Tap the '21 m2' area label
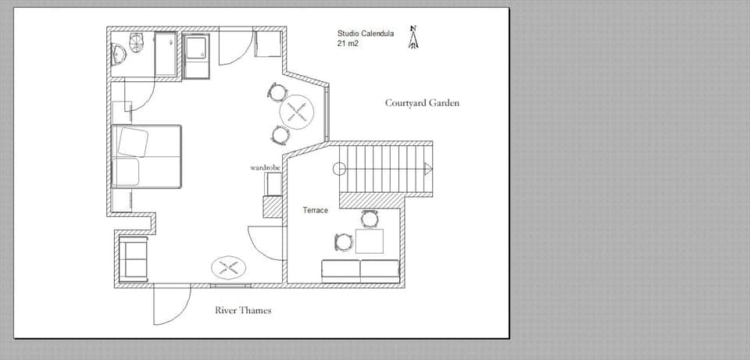(348, 44)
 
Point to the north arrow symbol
(413, 37)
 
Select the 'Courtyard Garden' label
(422, 103)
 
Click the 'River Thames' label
(243, 311)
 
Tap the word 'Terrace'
(315, 211)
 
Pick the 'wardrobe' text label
(265, 168)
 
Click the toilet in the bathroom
(137, 41)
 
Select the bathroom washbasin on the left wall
(119, 54)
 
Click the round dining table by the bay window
(298, 112)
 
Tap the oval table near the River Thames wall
(229, 268)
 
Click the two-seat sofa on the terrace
(360, 271)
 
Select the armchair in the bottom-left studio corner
(134, 259)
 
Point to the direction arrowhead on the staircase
(427, 169)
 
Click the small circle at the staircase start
(339, 169)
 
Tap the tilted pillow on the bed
(133, 142)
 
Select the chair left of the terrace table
(343, 242)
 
